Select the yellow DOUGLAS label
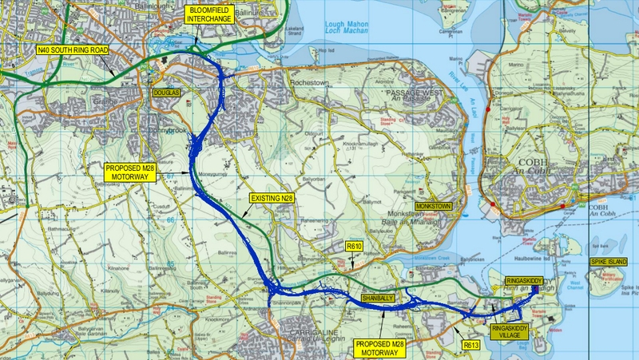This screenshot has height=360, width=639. click(x=167, y=93)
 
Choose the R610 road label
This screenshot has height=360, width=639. click(x=355, y=248)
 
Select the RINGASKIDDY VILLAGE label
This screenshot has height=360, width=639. click(x=511, y=333)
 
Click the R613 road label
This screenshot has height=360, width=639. click(x=471, y=345)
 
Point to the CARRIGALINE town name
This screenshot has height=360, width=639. click(x=308, y=327)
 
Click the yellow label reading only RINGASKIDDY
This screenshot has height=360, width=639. click(x=528, y=280)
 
